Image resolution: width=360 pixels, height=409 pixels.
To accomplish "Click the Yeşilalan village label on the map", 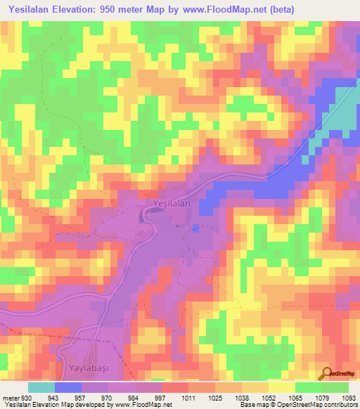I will coord(172,203).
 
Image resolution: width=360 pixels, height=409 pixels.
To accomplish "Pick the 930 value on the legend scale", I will coord(25,398).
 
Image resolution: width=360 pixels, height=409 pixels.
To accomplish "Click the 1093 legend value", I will coord(349,398).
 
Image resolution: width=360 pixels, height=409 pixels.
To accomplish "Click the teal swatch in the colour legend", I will coord(41,387).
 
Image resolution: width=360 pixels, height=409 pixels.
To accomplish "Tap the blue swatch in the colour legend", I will coord(67,387).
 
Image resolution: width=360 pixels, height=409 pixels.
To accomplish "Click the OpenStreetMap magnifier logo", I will coord(327,373).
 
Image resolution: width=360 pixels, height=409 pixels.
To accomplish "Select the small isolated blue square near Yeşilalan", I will coord(195,228).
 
